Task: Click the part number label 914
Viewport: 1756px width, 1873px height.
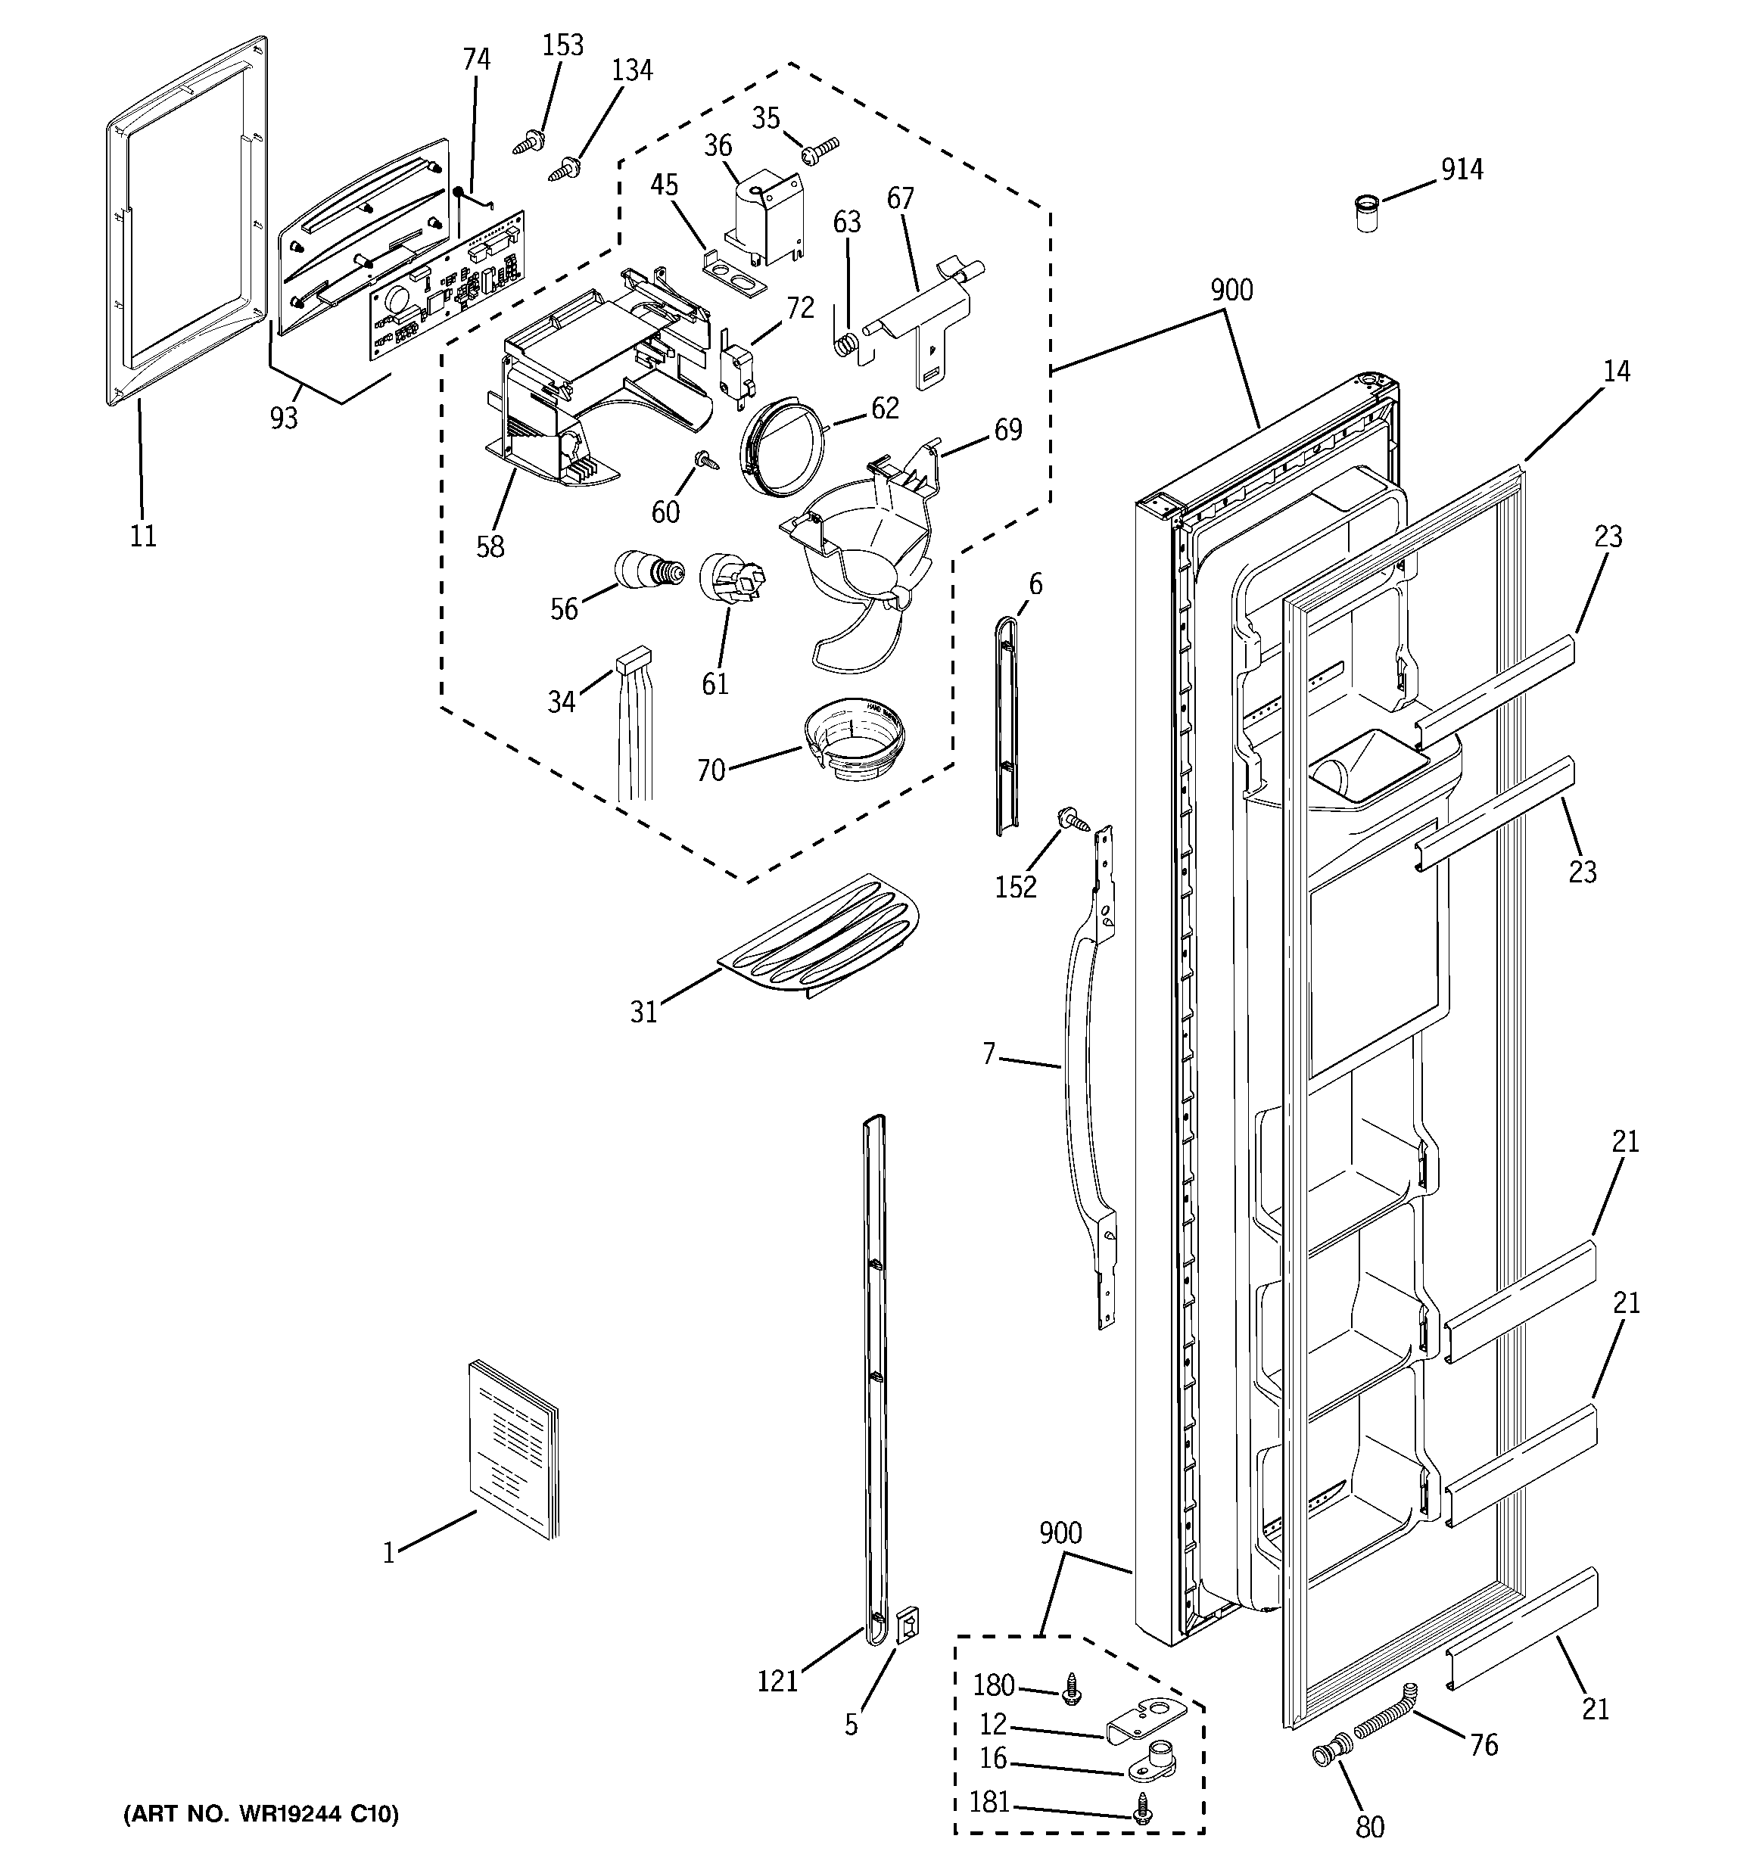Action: click(1461, 170)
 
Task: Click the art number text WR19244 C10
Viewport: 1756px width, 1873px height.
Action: click(260, 1814)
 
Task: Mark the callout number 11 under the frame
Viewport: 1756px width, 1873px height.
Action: click(142, 536)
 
